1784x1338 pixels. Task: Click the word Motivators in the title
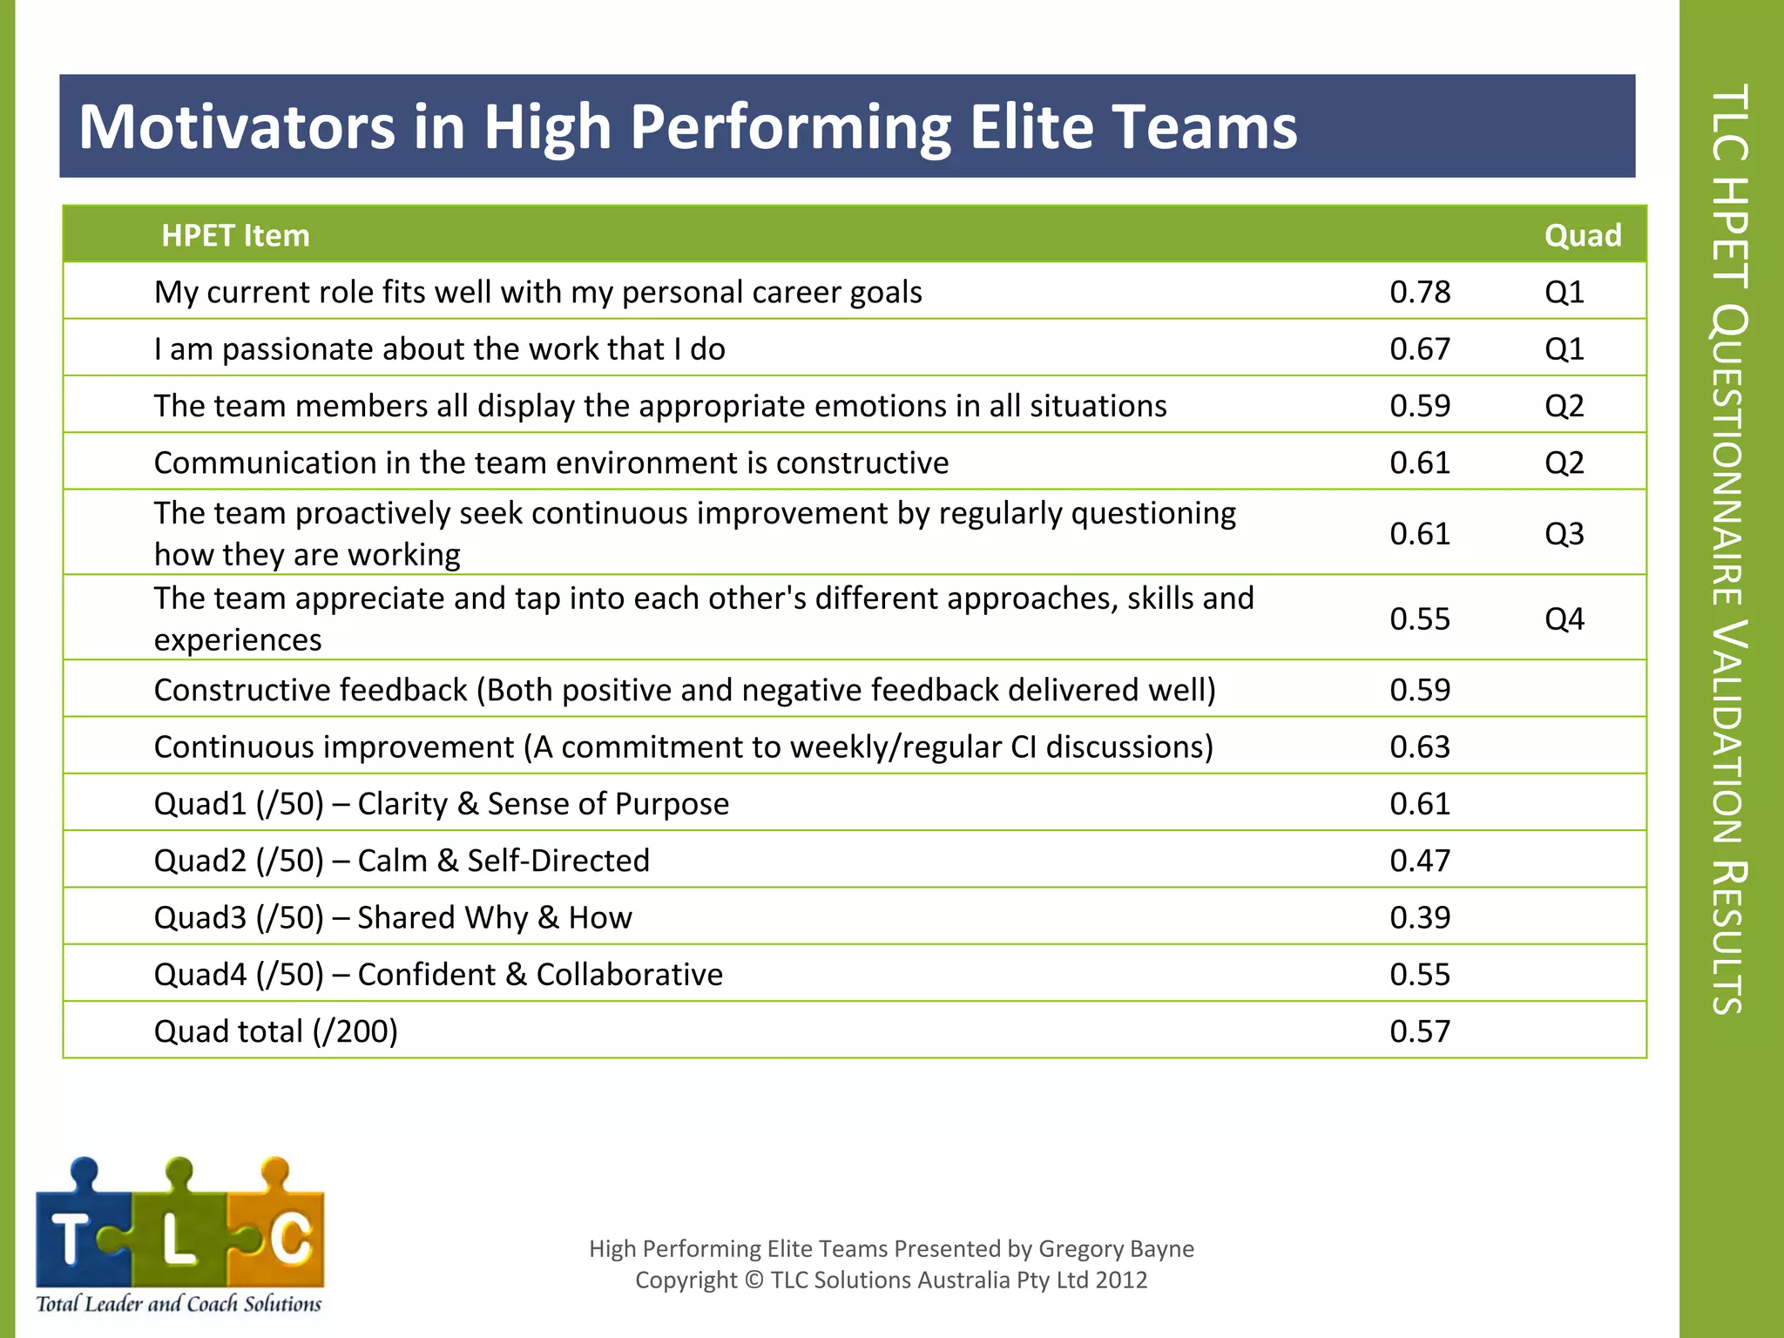236,127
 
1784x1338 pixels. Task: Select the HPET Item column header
235,235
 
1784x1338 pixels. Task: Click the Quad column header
1582,235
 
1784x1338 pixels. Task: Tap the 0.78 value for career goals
1419,292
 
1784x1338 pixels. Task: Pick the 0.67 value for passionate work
1419,348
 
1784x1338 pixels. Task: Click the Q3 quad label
1564,533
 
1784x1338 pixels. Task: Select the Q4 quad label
1564,618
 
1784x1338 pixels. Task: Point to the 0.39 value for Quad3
1419,917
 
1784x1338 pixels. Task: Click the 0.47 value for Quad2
1419,861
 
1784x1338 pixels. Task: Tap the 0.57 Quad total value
1419,1031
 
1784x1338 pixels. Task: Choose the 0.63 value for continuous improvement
1419,747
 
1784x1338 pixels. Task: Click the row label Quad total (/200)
275,1031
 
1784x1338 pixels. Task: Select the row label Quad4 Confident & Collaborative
438,974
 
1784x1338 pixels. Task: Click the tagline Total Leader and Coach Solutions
179,1304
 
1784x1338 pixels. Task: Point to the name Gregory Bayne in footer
1116,1248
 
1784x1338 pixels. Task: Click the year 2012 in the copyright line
1121,1280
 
